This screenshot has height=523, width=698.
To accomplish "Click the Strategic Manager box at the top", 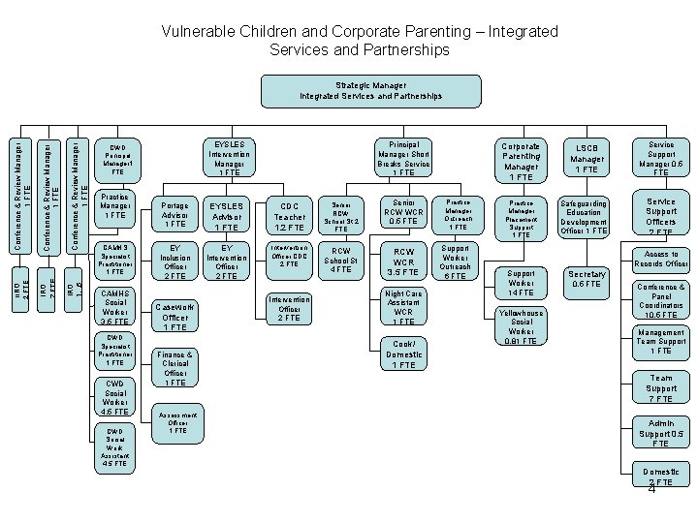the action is coord(371,91).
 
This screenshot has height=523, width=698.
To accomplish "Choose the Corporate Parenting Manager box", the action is coord(522,160).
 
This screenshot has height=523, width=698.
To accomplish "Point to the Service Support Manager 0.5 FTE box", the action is coord(661,159).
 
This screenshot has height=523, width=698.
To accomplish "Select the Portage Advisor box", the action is coord(176,215).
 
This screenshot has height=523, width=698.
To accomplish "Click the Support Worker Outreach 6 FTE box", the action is coord(458,262).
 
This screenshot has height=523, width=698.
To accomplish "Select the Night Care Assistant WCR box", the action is coord(403,308).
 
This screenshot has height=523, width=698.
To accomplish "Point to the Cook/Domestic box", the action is coord(403,354).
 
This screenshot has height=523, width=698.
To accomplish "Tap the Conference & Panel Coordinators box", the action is coord(661,300).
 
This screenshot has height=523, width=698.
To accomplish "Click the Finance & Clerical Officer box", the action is coord(175,368).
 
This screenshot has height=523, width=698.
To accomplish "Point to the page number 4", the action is coord(651,490).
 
